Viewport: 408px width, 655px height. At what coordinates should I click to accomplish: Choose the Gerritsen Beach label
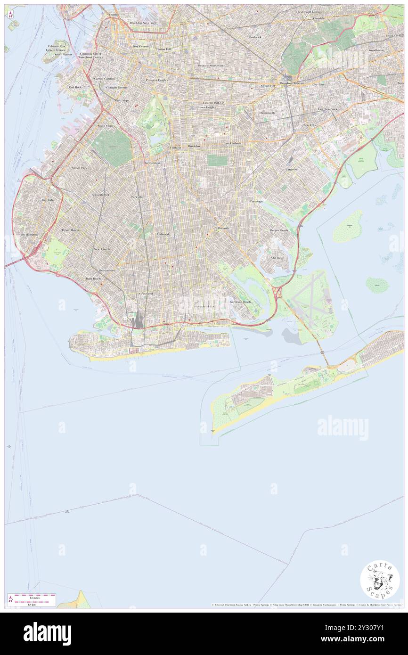coord(240,302)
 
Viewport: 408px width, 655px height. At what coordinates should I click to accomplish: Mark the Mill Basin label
coord(277,258)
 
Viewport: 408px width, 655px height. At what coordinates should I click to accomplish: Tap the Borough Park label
coord(100,195)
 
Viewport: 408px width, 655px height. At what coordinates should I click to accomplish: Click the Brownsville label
coord(268,113)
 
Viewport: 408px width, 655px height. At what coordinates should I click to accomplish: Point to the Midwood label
coord(163,234)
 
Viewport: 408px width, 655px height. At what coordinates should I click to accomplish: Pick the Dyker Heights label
coord(71,230)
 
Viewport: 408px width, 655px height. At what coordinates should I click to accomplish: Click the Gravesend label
coord(146,294)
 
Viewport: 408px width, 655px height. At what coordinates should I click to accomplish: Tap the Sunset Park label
coord(79,167)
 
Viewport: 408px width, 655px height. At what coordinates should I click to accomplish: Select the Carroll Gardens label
coord(105,79)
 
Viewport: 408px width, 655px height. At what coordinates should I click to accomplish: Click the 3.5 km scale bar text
coord(31,604)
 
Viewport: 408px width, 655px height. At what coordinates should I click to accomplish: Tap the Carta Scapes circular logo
coord(380,580)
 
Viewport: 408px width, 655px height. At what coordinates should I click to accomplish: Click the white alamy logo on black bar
coord(47,633)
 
